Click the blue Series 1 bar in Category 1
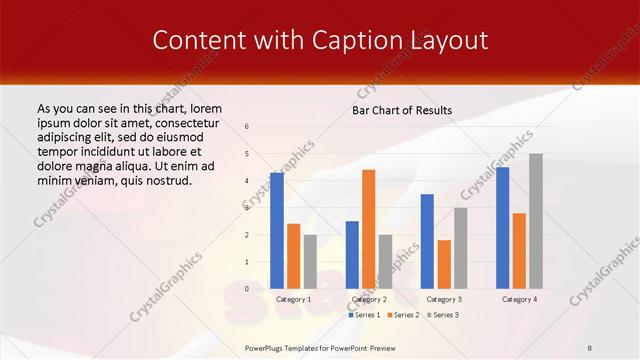[x=276, y=231]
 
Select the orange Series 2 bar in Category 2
[x=369, y=229]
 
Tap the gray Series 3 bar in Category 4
[x=536, y=221]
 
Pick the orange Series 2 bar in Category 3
[x=444, y=264]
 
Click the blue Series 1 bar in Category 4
[x=502, y=228]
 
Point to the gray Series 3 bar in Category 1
[x=310, y=262]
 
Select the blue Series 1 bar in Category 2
[x=352, y=255]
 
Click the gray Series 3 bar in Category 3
[x=461, y=248]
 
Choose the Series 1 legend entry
[x=364, y=315]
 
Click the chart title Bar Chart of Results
[x=402, y=110]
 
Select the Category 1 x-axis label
[x=293, y=299]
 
